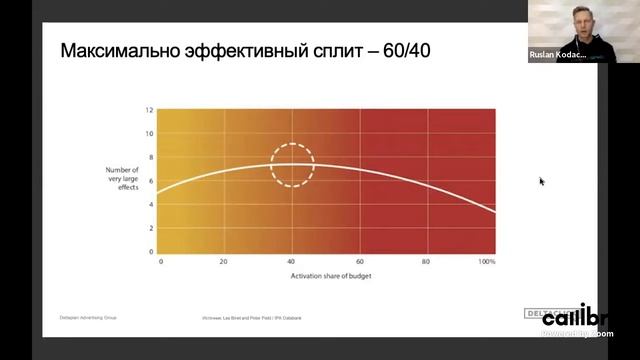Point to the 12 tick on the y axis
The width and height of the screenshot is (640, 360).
point(149,109)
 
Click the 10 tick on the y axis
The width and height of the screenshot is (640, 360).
point(149,133)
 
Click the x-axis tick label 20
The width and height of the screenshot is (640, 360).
point(225,261)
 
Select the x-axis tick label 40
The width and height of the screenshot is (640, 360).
point(292,261)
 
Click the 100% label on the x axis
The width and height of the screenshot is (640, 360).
point(487,261)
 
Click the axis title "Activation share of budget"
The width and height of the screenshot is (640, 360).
point(325,274)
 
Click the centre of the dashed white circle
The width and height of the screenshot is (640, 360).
point(292,164)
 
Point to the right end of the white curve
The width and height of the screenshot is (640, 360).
point(494,211)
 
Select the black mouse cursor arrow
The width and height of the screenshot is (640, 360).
point(542,182)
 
